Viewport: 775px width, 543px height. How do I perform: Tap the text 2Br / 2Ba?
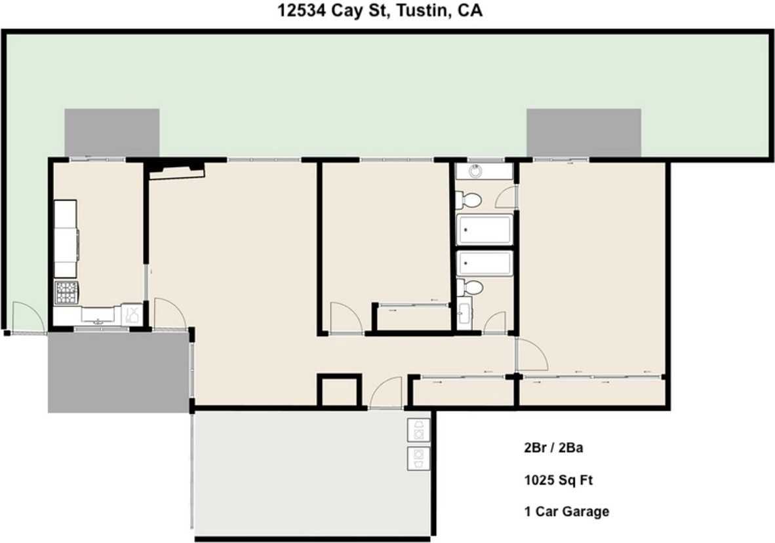pos(553,449)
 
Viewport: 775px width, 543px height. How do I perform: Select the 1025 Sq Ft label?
pos(558,480)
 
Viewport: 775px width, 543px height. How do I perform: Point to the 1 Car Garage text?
pos(566,512)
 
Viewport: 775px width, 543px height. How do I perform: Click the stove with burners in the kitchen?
pos(66,292)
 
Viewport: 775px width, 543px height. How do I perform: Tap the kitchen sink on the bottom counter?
pos(98,315)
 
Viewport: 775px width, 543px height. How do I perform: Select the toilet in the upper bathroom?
pos(469,199)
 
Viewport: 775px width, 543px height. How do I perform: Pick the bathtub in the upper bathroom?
pos(485,229)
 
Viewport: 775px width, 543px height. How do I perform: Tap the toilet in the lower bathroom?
pos(470,287)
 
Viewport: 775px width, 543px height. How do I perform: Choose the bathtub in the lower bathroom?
pos(485,263)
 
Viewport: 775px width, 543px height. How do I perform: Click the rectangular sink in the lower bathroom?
pos(464,314)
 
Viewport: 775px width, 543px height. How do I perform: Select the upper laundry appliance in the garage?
pos(418,430)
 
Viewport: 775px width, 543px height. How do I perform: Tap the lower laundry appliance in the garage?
pos(418,458)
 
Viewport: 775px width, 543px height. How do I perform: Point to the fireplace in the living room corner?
pos(176,170)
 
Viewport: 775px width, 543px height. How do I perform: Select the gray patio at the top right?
pos(584,132)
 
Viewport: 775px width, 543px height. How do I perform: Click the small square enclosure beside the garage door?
pos(339,392)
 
